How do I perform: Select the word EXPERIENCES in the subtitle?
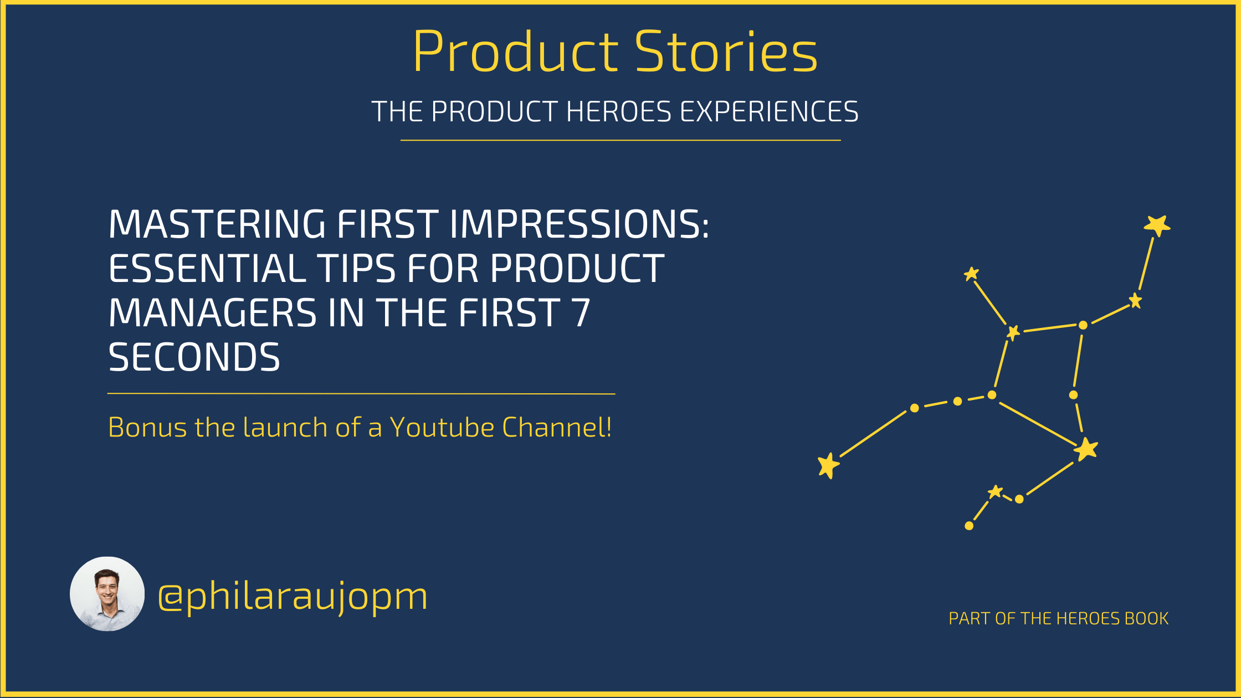point(769,111)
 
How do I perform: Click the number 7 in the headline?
point(581,312)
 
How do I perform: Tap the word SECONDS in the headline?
point(194,357)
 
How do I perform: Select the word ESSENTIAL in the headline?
point(207,268)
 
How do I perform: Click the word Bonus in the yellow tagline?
point(148,427)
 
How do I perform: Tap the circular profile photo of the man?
point(107,594)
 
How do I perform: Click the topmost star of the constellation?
point(1157,225)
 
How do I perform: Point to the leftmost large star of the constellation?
point(828,465)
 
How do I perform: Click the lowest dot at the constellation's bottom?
point(969,526)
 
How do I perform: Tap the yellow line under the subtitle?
point(620,140)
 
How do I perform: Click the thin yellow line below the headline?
point(361,394)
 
